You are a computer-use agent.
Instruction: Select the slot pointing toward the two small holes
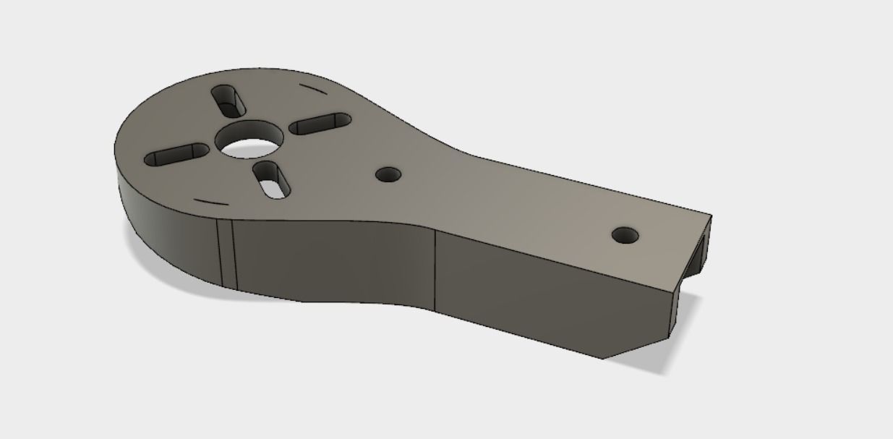coord(320,124)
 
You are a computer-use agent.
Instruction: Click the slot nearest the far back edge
coord(228,101)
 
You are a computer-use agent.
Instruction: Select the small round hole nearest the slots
coord(389,174)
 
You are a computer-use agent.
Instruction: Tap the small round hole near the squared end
coord(625,235)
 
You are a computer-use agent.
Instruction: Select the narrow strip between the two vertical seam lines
coord(226,253)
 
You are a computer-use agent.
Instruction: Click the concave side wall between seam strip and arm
coord(333,260)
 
